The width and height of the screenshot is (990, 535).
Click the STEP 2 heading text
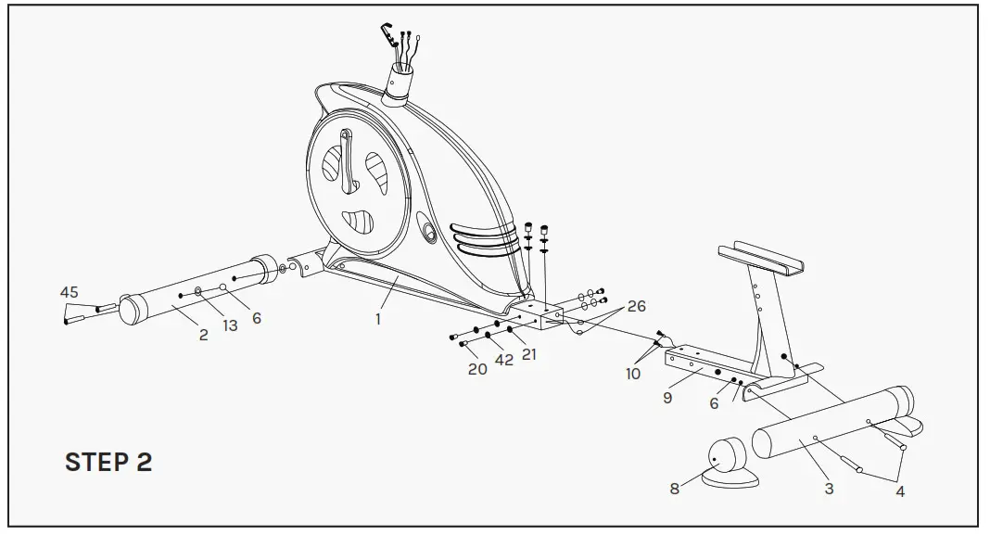[108, 463]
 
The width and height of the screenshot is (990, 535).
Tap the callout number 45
[70, 292]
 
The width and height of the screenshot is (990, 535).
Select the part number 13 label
[229, 325]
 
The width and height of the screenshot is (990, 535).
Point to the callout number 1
[378, 319]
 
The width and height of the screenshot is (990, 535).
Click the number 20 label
[477, 368]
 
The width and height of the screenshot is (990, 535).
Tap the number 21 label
[528, 353]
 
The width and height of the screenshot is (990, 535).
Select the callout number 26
[636, 306]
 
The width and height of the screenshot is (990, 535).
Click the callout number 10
[633, 374]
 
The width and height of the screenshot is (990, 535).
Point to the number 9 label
[667, 397]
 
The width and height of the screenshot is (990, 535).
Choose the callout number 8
[675, 489]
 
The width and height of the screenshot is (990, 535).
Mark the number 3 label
[829, 489]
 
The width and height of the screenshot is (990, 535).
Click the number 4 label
[899, 491]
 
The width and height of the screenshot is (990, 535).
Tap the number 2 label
[203, 335]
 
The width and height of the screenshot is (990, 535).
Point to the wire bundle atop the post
[402, 51]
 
